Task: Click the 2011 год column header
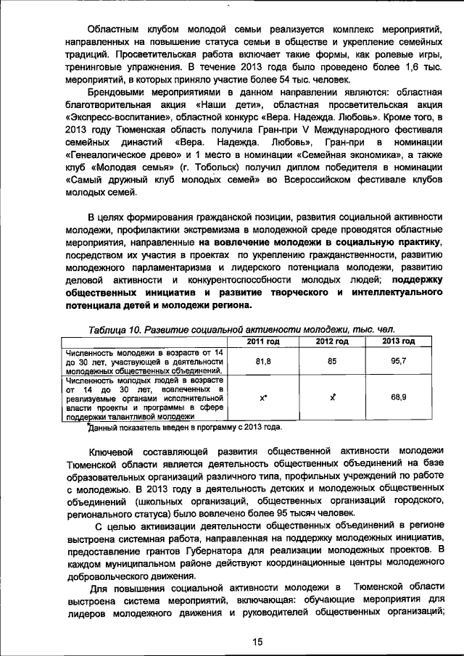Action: coord(264,341)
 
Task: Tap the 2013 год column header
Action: coord(398,341)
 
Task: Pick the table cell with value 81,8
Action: coord(264,360)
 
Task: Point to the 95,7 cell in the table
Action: coord(398,360)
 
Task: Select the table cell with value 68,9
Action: coord(398,397)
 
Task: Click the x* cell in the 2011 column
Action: coord(264,398)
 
